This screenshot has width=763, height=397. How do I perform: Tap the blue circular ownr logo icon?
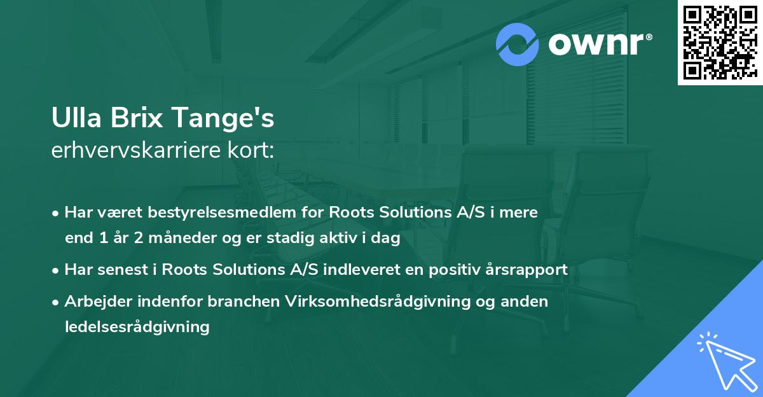(x=518, y=45)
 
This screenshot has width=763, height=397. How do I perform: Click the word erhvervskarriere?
(x=135, y=151)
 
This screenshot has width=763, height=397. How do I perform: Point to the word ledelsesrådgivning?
(x=137, y=327)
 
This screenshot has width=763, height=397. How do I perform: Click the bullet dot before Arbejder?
(x=57, y=302)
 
